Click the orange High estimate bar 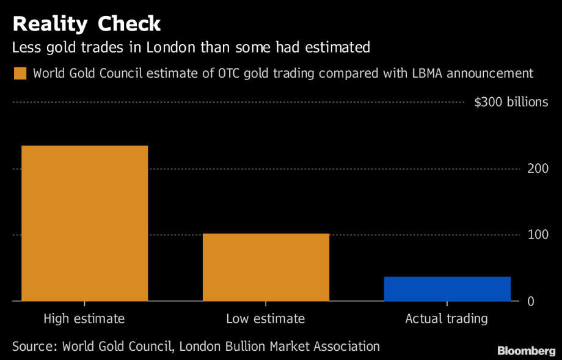coord(84,223)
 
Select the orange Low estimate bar coord(266,267)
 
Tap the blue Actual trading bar coord(447,288)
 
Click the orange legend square coord(20,74)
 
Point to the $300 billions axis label coord(511,102)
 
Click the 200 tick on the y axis coord(538,169)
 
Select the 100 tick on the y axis coord(538,235)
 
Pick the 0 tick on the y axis coord(531,301)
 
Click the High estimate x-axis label coord(84,318)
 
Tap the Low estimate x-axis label coord(265,318)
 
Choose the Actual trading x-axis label coord(447,318)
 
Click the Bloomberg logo coord(526,351)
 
